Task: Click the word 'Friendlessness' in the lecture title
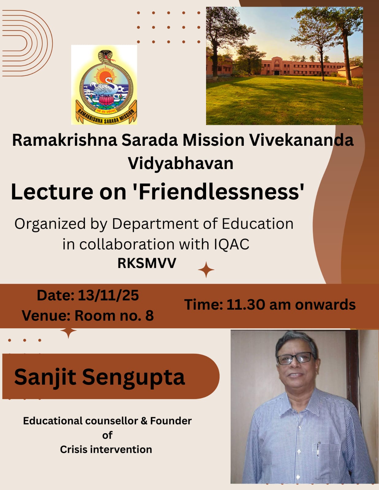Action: tap(221, 192)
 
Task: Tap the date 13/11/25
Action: tap(108, 296)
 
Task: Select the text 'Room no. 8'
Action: tap(114, 315)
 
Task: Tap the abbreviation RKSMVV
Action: tap(147, 263)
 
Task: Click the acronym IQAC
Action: tap(232, 244)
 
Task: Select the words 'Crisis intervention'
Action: tap(106, 449)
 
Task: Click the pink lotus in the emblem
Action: tap(105, 100)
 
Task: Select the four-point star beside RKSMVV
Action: tap(206, 270)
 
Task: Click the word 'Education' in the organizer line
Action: tap(258, 224)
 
